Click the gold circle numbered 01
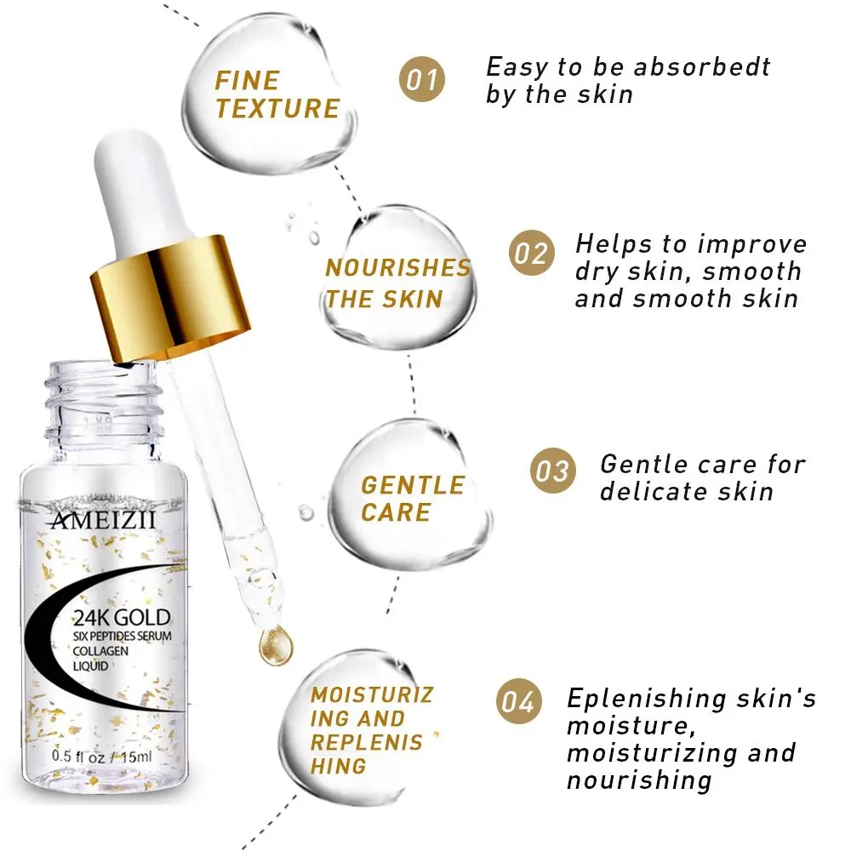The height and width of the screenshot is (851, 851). coord(422,80)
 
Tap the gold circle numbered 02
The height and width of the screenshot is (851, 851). coord(532,254)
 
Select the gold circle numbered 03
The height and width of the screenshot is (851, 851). coord(554,470)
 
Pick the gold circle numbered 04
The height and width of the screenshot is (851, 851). coord(518,703)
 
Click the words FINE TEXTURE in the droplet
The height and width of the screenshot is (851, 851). coord(277,94)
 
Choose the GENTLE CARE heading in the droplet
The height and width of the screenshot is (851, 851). coord(412,499)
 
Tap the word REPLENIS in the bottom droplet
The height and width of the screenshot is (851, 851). coord(366,743)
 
